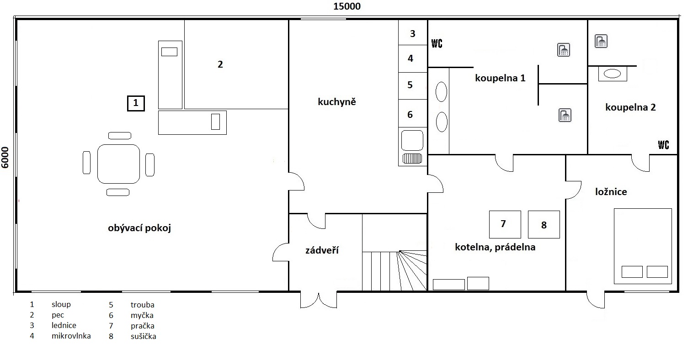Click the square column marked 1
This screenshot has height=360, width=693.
pyautogui.click(x=136, y=103)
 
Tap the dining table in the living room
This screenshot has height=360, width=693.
pyautogui.click(x=118, y=164)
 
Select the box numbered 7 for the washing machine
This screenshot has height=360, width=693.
pyautogui.click(x=505, y=224)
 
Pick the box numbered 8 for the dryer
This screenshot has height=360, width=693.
pyautogui.click(x=544, y=224)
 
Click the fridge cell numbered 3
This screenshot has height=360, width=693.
pyautogui.click(x=413, y=32)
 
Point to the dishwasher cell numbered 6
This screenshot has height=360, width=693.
pyautogui.click(x=413, y=113)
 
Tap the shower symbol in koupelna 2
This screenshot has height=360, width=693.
pyautogui.click(x=601, y=41)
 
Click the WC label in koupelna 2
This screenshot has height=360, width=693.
pyautogui.click(x=663, y=145)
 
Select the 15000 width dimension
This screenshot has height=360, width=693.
pyautogui.click(x=347, y=6)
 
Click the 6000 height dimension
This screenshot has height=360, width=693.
pyautogui.click(x=5, y=158)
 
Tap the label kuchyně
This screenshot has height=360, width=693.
pyautogui.click(x=337, y=101)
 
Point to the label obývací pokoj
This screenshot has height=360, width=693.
pyautogui.click(x=139, y=228)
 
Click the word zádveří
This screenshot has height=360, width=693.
pyautogui.click(x=322, y=250)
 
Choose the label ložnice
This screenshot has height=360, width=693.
pyautogui.click(x=611, y=191)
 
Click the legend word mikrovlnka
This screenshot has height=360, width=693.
pyautogui.click(x=71, y=336)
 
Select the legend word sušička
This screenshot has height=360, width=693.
pyautogui.click(x=143, y=336)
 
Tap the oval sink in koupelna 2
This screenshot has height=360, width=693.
pyautogui.click(x=612, y=74)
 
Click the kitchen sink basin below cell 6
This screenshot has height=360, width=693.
pyautogui.click(x=412, y=140)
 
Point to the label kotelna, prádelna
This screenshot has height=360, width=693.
pyautogui.click(x=495, y=247)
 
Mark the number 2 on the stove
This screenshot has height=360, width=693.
pyautogui.click(x=220, y=64)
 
